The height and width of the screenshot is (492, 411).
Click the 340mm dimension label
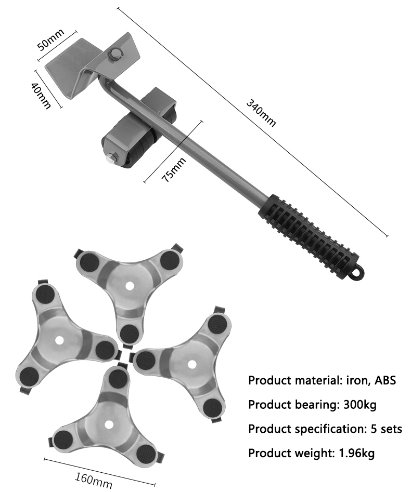pos(261,113)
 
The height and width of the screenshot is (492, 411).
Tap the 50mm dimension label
pos(50,39)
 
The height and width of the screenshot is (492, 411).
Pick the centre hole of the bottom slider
pos(108,424)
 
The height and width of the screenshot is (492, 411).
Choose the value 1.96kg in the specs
pos(356,453)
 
